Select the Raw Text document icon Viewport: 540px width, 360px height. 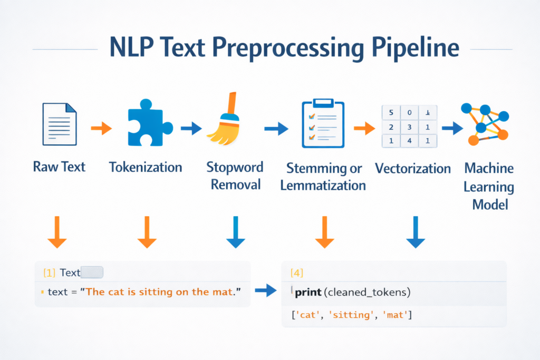click(59, 125)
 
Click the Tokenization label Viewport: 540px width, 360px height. click(146, 168)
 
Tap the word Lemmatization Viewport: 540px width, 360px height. click(323, 186)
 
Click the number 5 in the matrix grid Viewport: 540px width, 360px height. click(391, 113)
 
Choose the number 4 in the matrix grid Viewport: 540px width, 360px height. click(409, 141)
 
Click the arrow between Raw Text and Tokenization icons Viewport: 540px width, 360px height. click(101, 128)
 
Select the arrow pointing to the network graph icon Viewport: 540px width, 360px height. click(451, 128)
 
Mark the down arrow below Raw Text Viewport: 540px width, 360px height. click(57, 232)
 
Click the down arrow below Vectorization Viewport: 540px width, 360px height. click(415, 232)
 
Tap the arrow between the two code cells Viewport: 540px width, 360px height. click(265, 289)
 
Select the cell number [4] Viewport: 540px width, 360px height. click(297, 273)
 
